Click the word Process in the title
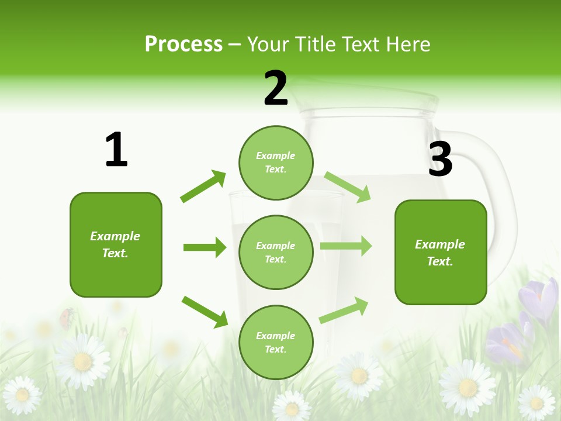click(183, 44)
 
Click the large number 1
click(116, 150)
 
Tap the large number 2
click(276, 88)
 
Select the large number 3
click(440, 160)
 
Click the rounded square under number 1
click(116, 244)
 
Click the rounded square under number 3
click(441, 252)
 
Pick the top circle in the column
click(276, 162)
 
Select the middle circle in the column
click(276, 252)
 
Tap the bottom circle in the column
click(276, 342)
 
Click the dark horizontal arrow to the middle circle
click(205, 247)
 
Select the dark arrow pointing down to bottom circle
click(205, 311)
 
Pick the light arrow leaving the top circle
click(347, 187)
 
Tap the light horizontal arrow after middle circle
click(346, 246)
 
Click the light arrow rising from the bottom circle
click(344, 310)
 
